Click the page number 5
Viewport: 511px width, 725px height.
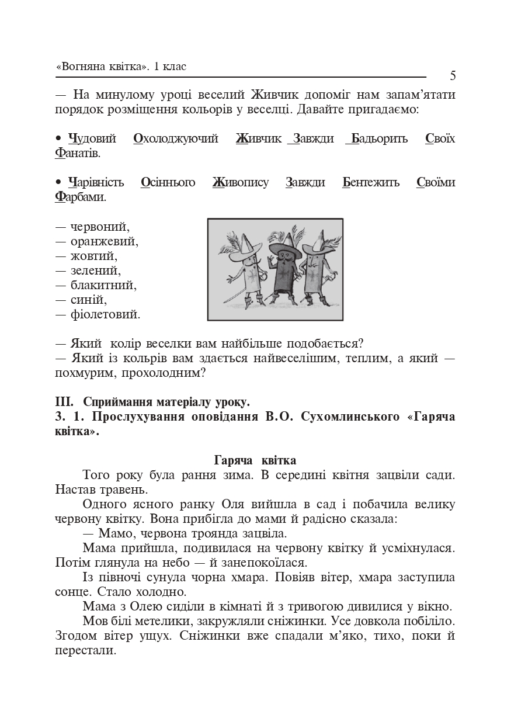453,76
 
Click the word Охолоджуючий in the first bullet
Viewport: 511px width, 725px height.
176,138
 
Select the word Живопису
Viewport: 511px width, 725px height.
241,182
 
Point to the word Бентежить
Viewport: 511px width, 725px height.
371,182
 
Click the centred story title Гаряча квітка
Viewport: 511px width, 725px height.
255,460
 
